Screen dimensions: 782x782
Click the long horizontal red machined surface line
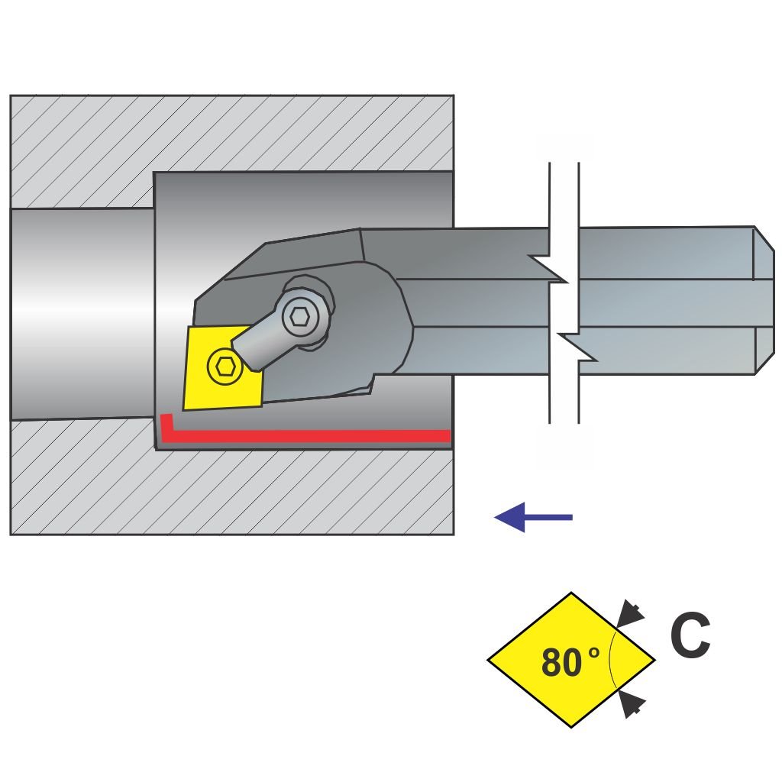click(x=305, y=435)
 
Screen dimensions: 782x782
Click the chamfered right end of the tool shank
click(x=764, y=299)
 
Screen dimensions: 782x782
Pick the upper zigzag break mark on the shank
click(x=554, y=269)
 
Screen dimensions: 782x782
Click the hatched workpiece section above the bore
click(x=229, y=134)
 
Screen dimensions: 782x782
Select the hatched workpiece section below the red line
click(x=229, y=493)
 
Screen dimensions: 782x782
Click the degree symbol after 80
click(x=594, y=653)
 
